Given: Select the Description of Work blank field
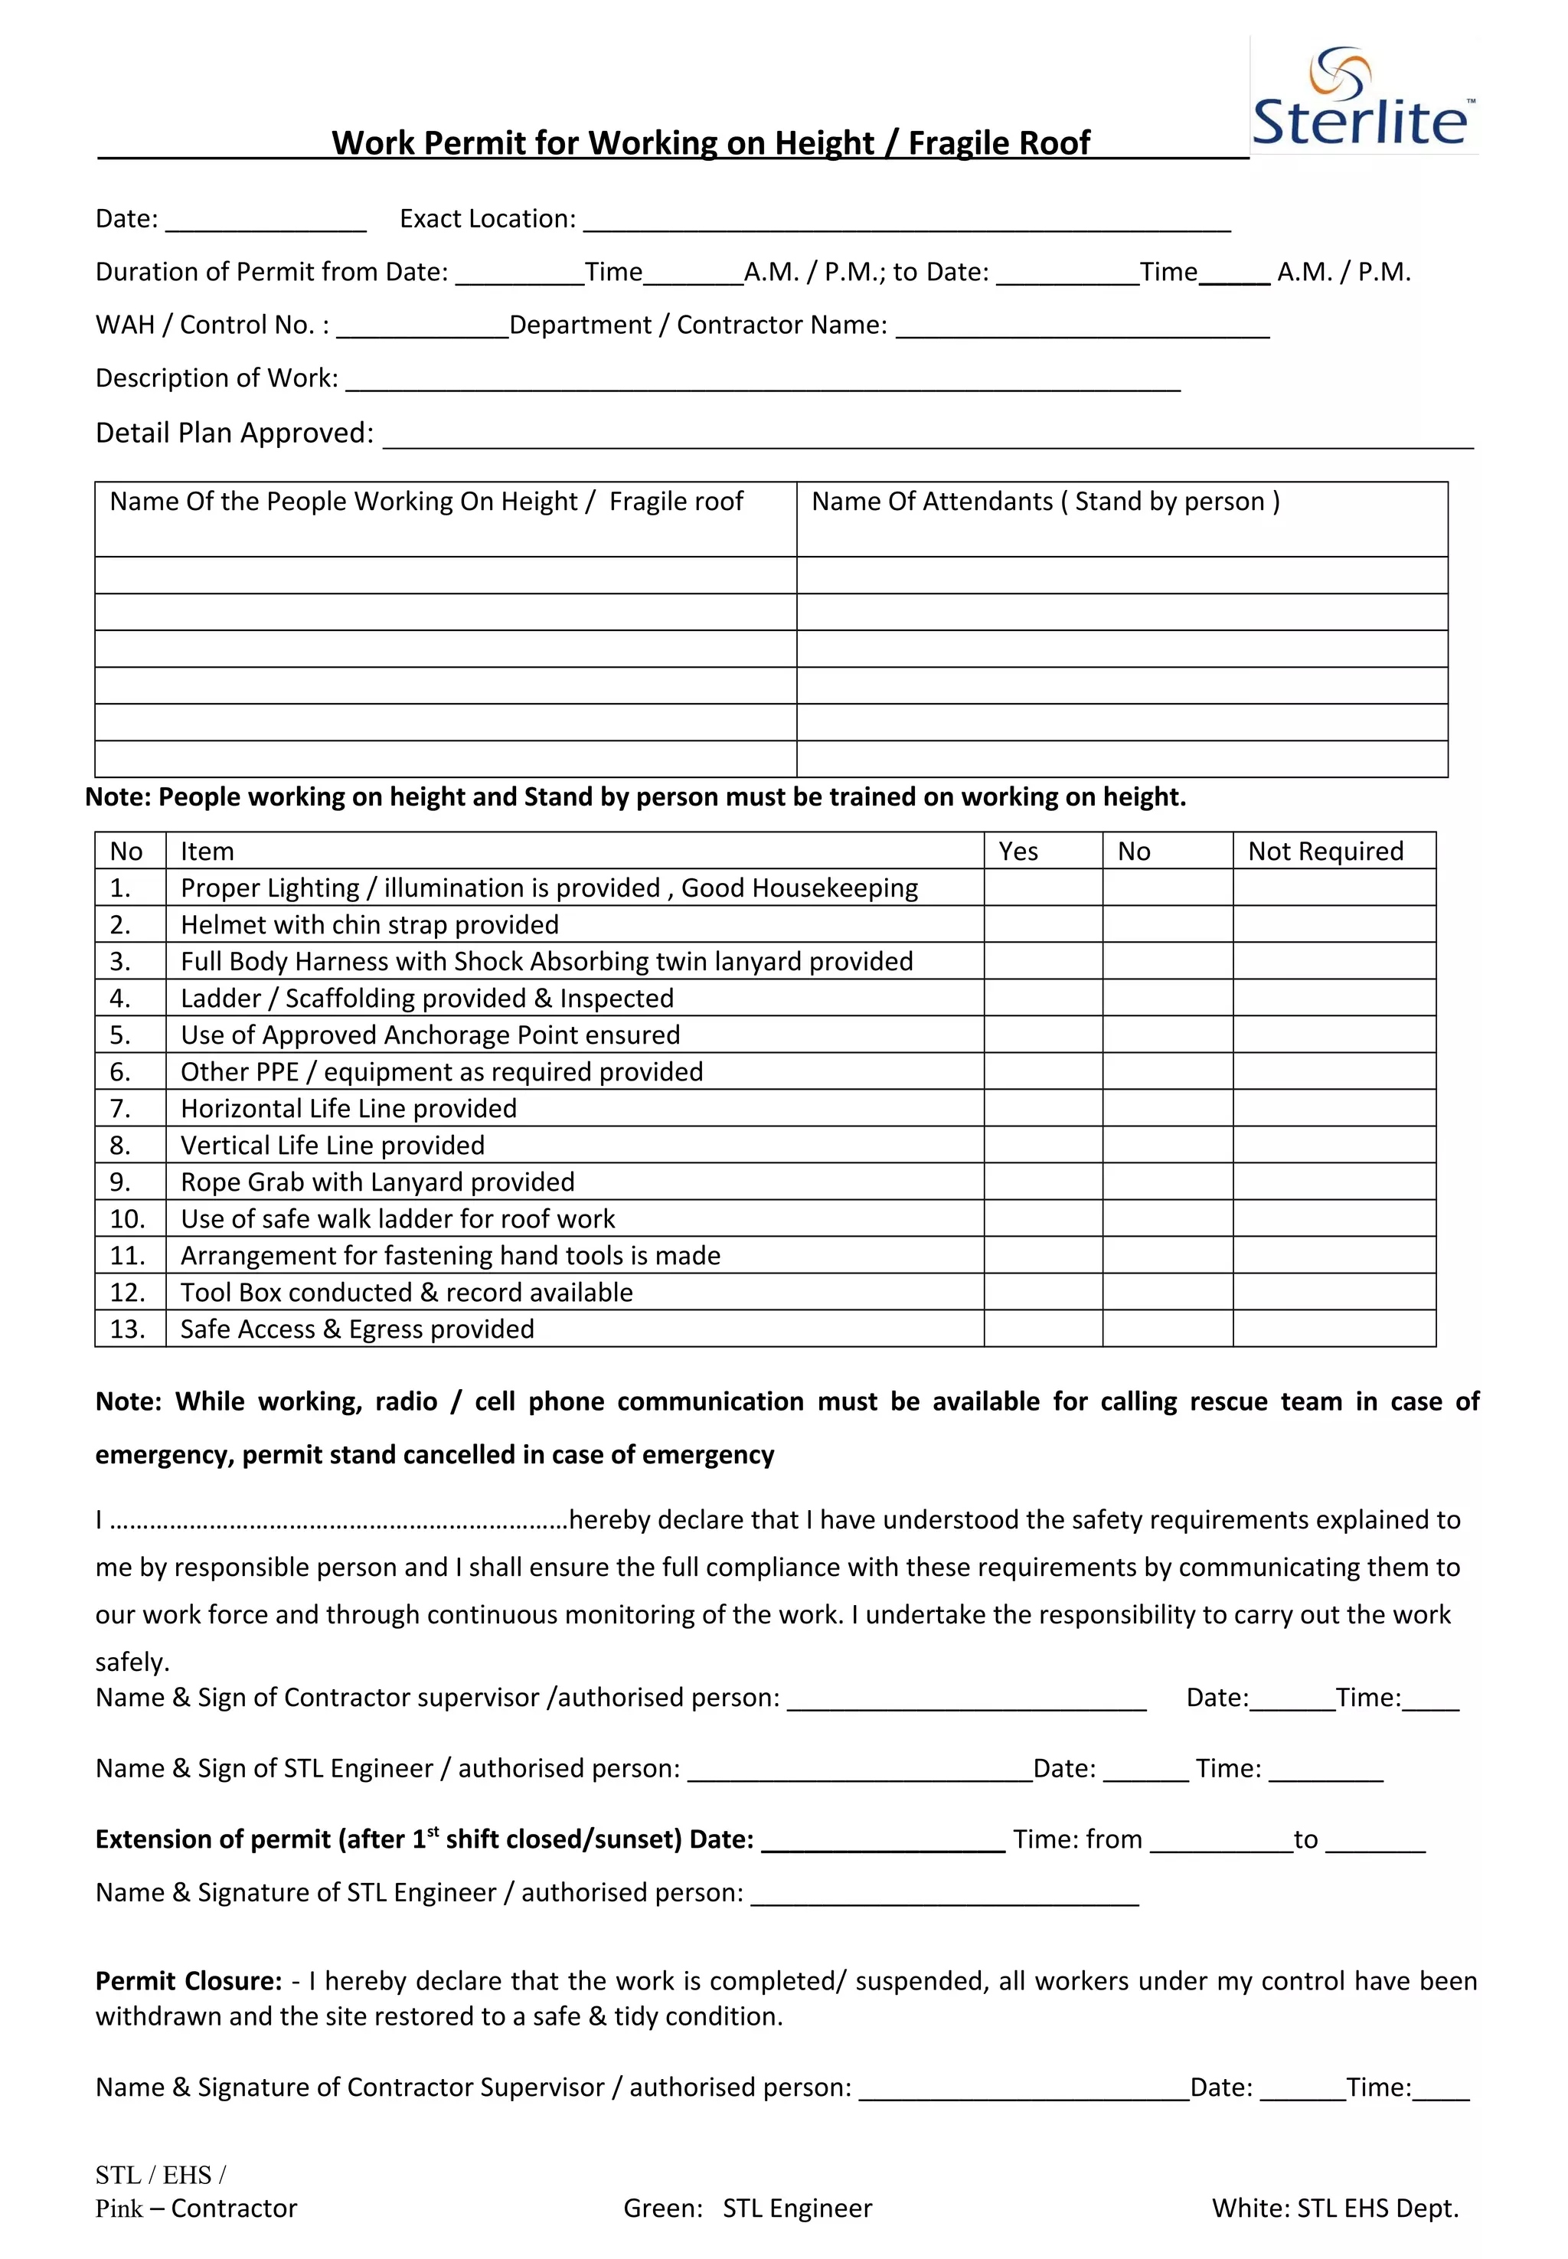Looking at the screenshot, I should coord(763,381).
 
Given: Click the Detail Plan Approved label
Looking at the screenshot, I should coord(234,433).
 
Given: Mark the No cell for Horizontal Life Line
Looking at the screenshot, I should coord(1166,1108).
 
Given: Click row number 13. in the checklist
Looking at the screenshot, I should coord(128,1329).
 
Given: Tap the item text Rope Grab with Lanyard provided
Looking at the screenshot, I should coord(377,1182).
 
